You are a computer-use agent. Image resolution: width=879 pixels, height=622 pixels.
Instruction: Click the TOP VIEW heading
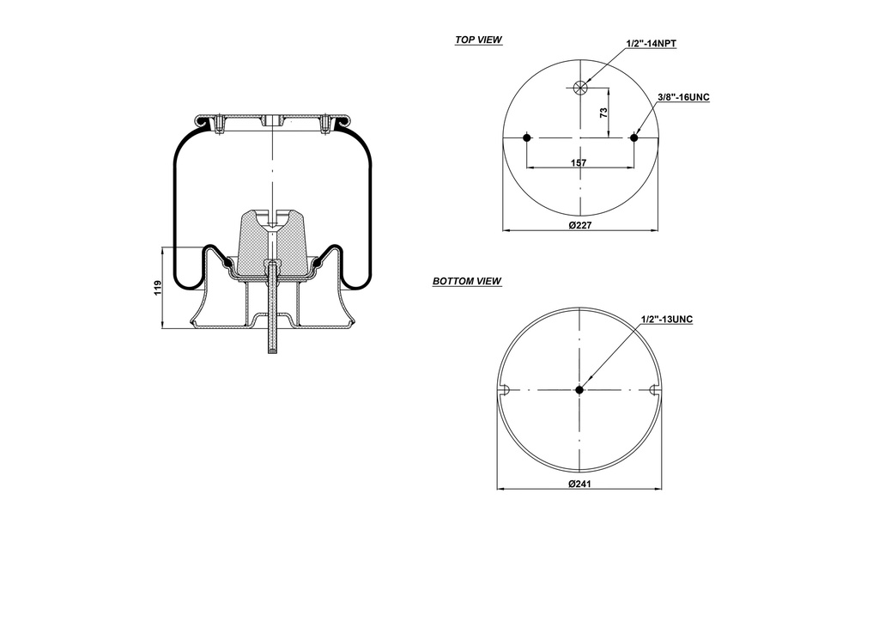coord(478,40)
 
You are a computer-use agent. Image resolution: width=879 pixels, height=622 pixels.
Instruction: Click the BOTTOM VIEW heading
coord(467,281)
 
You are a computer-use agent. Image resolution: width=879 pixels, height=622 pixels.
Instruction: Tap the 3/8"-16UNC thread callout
coord(683,98)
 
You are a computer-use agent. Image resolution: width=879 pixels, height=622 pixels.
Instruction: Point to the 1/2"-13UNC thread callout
coord(666,320)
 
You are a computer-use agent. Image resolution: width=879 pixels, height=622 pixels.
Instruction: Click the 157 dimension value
coord(580,162)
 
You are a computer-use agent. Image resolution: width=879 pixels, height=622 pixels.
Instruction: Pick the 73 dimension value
coord(603,113)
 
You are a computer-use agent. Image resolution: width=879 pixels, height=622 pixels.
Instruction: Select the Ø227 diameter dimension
coord(581,225)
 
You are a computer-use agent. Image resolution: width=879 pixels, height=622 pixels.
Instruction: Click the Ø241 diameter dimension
coord(581,483)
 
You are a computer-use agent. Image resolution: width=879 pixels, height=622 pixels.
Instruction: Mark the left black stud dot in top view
coord(526,137)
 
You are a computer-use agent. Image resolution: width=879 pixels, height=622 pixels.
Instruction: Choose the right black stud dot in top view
coord(634,137)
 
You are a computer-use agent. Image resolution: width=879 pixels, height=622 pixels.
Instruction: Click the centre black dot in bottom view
coord(579,390)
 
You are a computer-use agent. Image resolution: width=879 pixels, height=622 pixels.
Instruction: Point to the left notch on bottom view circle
coord(506,390)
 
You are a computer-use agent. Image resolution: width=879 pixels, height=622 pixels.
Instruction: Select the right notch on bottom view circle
coord(655,390)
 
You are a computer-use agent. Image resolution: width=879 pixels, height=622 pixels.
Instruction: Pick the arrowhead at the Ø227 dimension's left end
coord(506,230)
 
